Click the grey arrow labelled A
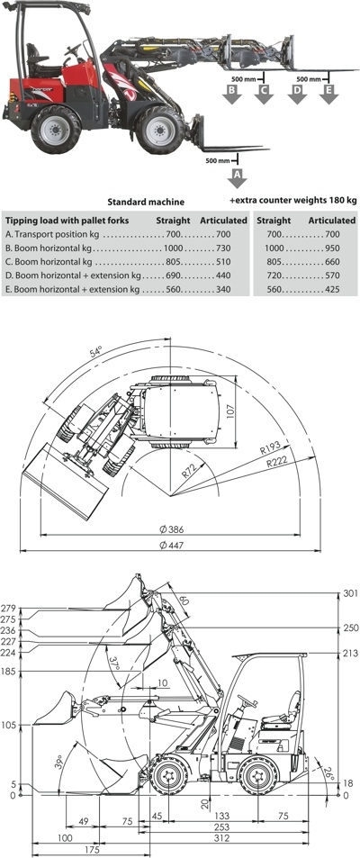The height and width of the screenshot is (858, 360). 237,179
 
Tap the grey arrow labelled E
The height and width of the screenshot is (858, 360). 328,95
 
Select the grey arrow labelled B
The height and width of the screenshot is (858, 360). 232,95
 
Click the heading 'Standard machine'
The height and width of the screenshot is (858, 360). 146,202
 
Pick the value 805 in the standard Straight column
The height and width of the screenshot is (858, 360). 174,262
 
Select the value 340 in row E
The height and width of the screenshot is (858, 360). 223,290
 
